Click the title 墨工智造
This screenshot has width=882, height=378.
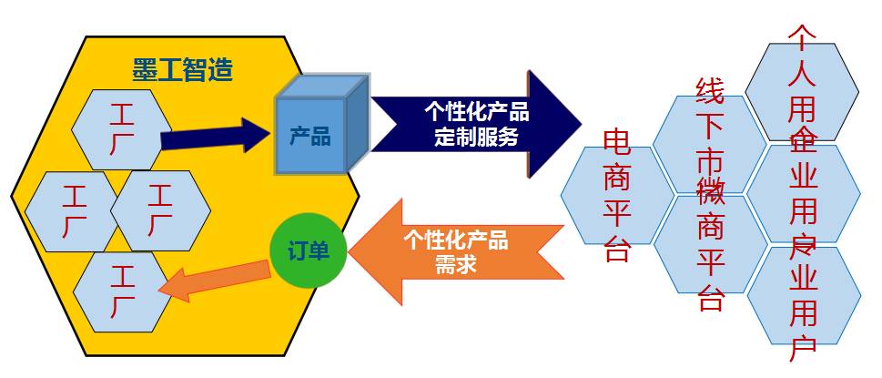[x=183, y=69]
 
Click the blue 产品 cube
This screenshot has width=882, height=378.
[x=310, y=138]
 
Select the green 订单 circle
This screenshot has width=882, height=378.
[x=309, y=249]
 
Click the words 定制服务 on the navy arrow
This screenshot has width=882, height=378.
[x=476, y=138]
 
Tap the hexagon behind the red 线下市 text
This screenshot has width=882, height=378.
[x=709, y=141]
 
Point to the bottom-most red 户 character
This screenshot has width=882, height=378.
[x=802, y=347]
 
